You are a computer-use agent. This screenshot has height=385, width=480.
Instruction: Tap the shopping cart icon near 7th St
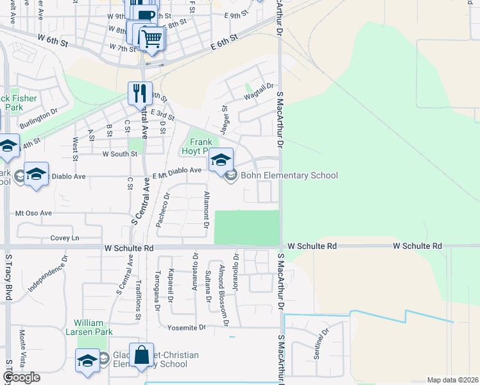tap(151, 38)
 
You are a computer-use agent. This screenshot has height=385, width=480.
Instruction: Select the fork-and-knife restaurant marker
tap(140, 94)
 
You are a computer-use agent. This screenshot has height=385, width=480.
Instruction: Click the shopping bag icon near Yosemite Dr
tap(141, 354)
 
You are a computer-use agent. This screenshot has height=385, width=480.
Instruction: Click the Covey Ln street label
tap(64, 238)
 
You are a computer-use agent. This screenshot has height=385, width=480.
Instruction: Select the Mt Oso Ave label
tap(33, 212)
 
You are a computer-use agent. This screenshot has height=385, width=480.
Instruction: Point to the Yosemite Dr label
tap(185, 327)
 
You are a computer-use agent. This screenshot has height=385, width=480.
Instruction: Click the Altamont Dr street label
tap(207, 209)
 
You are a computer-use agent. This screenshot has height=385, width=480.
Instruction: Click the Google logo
tap(21, 377)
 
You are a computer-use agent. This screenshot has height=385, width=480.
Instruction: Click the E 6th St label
tap(224, 42)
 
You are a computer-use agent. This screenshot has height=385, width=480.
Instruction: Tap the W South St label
tap(119, 154)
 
